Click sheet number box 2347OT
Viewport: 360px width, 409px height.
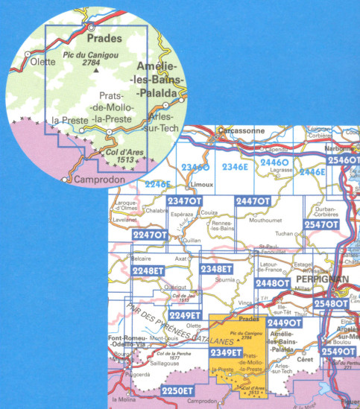185,201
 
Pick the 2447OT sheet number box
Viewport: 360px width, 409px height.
253,201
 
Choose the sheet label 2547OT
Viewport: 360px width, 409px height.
321,224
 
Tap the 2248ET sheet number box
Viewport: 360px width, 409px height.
147,270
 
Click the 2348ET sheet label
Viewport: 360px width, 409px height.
217,268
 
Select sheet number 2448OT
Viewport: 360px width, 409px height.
272,283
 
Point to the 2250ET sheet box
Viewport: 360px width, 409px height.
177,390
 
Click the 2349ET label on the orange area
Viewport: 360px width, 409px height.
226,352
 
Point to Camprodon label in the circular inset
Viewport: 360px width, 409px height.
95,180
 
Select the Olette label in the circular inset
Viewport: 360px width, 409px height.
42,62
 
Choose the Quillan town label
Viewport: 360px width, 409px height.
192,240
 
